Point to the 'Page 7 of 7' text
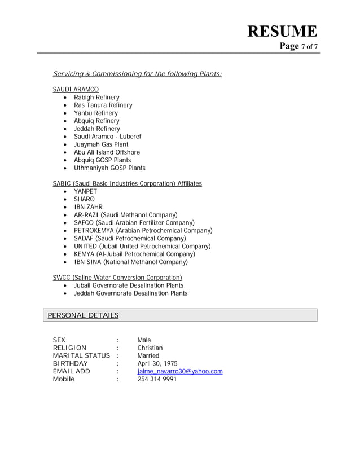pos(298,46)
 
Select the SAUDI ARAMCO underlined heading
pos(76,90)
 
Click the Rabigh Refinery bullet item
pos(96,98)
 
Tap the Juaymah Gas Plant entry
pos(101,144)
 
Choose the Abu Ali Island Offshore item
pos(107,152)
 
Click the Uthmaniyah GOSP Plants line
pos(109,168)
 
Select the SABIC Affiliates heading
pos(127,184)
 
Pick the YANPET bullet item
pos(85,192)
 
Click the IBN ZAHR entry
pos(88,207)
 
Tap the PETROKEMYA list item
pos(143,231)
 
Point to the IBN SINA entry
pos(130,262)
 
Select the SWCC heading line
pos(117,278)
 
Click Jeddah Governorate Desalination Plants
pos(130,293)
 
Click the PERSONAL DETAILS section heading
pos(83,315)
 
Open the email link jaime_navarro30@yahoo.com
pos(180,371)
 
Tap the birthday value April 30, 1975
pos(157,364)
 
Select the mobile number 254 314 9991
pos(157,379)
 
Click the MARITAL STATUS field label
pos(81,356)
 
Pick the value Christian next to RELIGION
pos(150,348)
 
